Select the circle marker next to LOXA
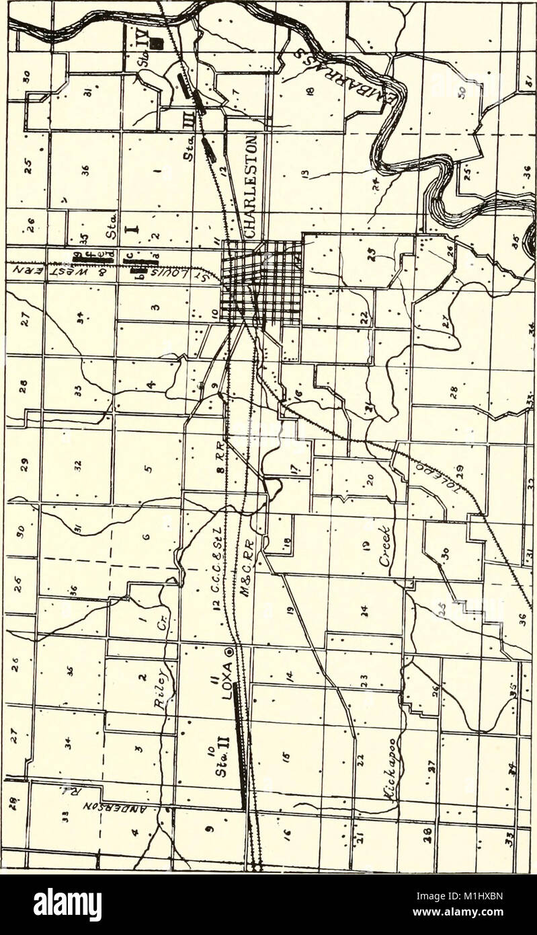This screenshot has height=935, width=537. tap(229, 651)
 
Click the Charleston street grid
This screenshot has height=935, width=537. tap(262, 283)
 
